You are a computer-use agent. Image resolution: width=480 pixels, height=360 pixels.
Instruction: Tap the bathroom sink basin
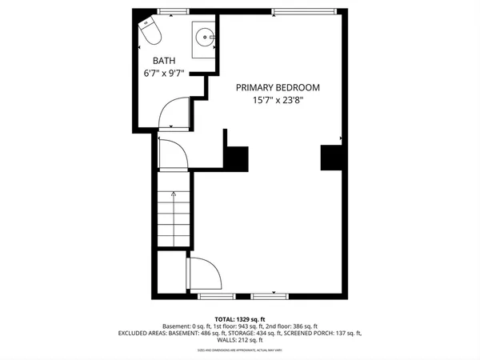(206, 36)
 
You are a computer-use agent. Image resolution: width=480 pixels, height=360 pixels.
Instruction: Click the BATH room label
(166, 60)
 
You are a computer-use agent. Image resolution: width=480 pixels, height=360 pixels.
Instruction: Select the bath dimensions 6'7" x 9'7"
(163, 74)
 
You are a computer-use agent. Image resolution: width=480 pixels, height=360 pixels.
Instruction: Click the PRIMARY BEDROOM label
(278, 88)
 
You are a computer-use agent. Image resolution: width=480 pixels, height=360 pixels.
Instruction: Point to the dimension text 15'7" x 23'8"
(278, 102)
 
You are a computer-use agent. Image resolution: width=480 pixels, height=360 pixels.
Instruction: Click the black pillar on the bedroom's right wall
(331, 158)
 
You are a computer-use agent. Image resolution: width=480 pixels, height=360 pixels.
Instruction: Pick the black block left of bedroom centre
(236, 158)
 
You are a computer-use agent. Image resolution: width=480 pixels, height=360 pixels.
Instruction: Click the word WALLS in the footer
(210, 340)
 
